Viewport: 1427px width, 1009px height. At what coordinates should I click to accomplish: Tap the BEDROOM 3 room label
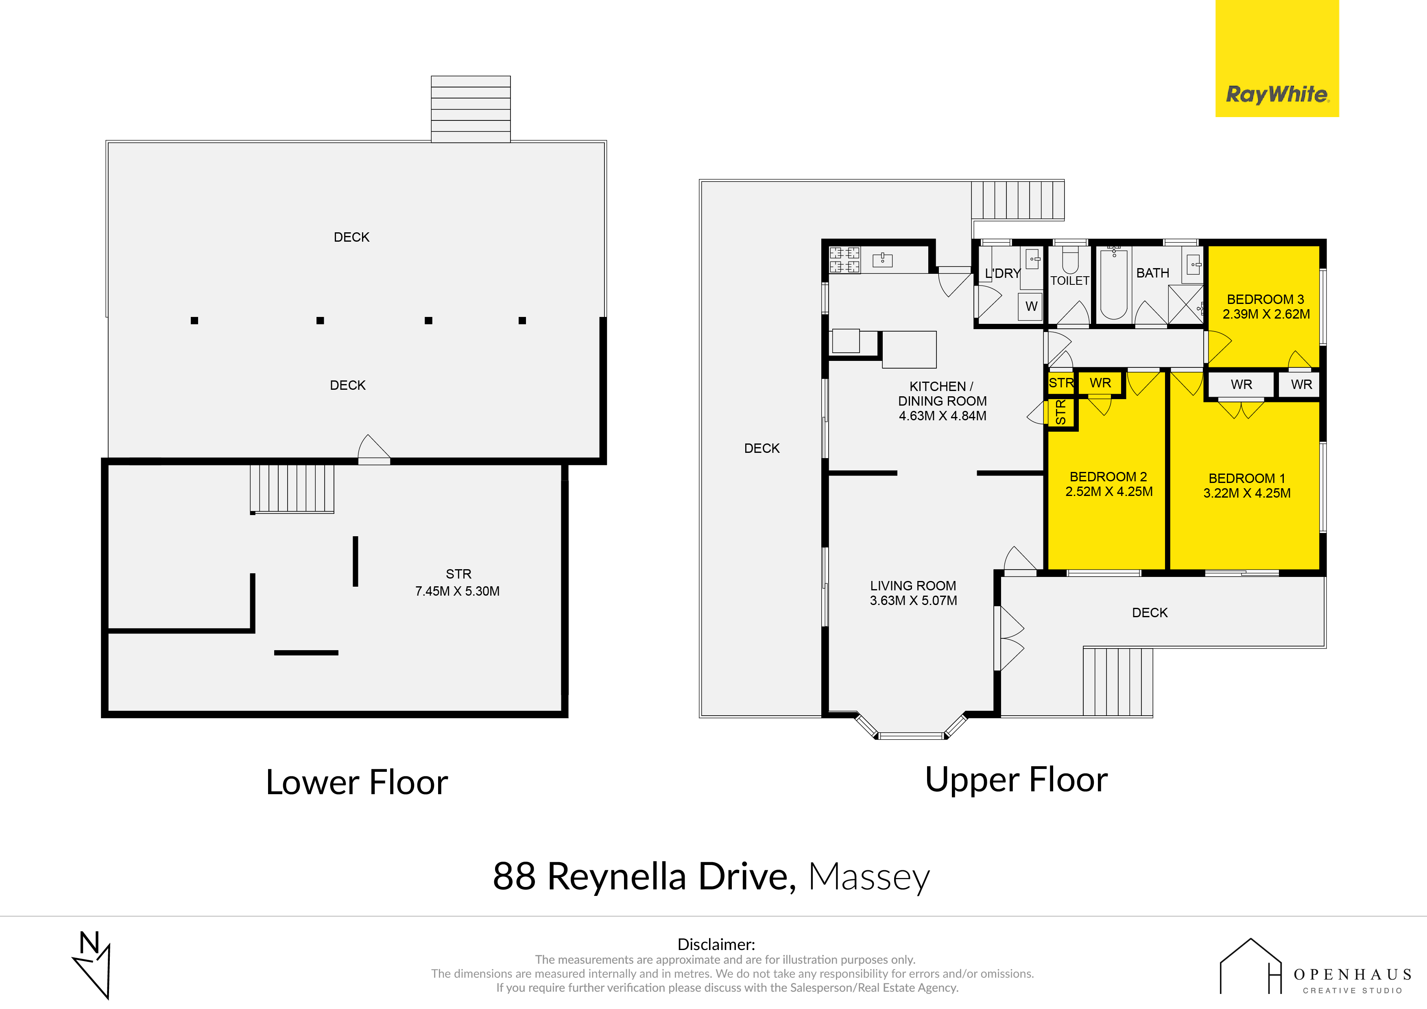pos(1266,299)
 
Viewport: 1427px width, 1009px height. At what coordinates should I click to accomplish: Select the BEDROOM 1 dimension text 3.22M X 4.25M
pos(1247,493)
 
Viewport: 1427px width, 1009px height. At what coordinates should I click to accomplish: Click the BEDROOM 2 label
pos(1108,477)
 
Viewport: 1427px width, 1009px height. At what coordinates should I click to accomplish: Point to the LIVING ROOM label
pos(913,585)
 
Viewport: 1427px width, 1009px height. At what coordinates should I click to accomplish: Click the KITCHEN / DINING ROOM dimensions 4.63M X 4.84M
pos(942,416)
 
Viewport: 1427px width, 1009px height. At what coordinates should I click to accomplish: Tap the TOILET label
pos(1069,280)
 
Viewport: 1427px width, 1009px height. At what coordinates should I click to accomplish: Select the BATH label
pos(1152,273)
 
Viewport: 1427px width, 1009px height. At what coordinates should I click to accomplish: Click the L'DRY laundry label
pos(1002,273)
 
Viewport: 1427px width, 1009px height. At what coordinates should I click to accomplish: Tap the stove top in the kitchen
pos(844,260)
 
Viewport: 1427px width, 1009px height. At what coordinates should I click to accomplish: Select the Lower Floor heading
pos(357,782)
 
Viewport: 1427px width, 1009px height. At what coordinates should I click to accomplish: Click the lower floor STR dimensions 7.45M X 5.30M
pos(458,591)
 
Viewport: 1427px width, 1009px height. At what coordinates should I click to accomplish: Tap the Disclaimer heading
pos(716,944)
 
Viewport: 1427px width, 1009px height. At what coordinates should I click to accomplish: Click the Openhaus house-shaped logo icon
pos(1250,966)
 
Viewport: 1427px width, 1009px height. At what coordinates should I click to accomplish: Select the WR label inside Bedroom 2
pos(1100,383)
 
